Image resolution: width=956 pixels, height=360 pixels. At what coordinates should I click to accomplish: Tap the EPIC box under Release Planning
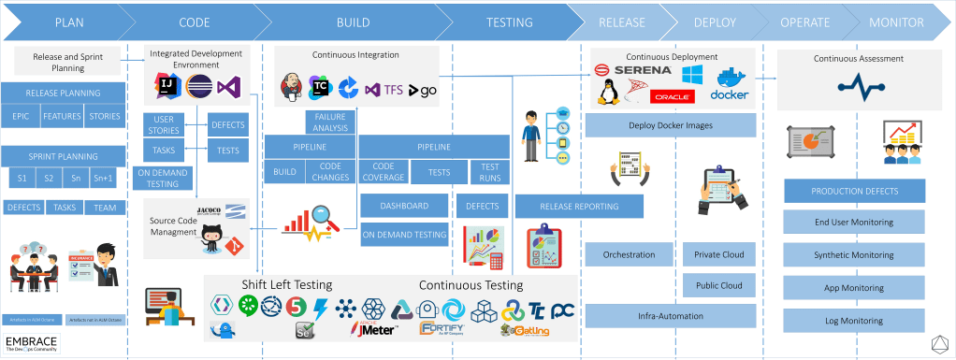pyautogui.click(x=22, y=117)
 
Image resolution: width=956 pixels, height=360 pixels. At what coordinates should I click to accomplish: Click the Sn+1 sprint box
pyautogui.click(x=105, y=178)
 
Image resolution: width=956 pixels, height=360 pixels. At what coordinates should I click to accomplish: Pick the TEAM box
pyautogui.click(x=105, y=208)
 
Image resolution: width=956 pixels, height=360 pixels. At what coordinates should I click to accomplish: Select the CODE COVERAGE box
pyautogui.click(x=383, y=172)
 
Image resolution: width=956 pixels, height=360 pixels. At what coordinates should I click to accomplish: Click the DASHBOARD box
pyautogui.click(x=404, y=206)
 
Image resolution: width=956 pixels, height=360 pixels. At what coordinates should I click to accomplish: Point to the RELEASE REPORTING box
pyautogui.click(x=578, y=206)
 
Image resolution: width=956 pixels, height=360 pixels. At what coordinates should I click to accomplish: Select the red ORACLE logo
pyautogui.click(x=673, y=95)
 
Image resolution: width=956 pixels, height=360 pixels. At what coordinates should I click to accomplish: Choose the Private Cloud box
pyautogui.click(x=719, y=254)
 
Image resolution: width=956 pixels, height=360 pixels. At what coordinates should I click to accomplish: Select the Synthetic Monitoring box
pyautogui.click(x=854, y=254)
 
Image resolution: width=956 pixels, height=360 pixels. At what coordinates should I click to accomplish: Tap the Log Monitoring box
pyautogui.click(x=854, y=320)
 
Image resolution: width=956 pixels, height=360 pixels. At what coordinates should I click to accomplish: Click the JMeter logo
pyautogui.click(x=375, y=328)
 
